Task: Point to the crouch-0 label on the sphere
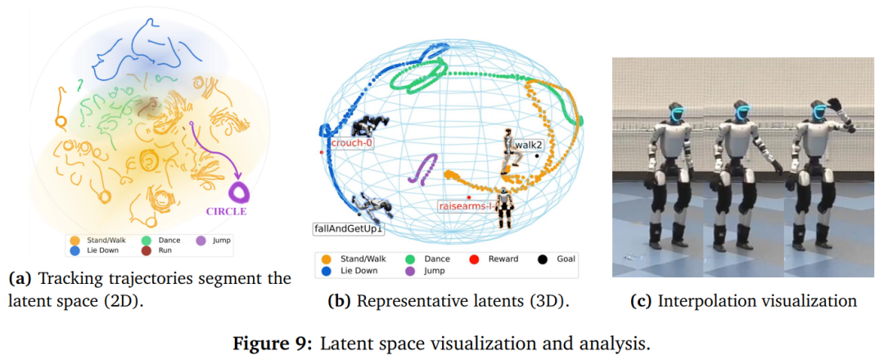pos(352,143)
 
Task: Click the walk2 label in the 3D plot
pos(530,145)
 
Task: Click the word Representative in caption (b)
pos(406,301)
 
